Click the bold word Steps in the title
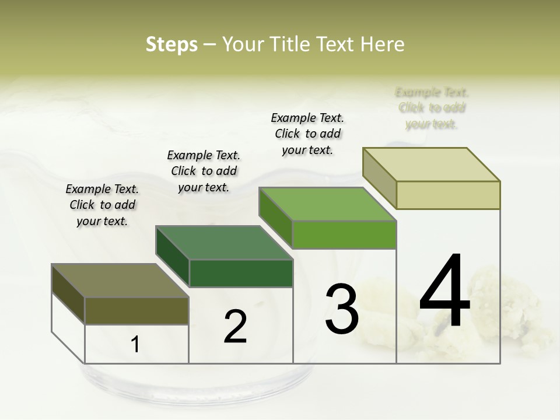click(x=171, y=44)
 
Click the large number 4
click(x=445, y=291)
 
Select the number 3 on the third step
click(x=342, y=309)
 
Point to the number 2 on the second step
click(x=236, y=327)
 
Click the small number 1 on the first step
click(x=135, y=345)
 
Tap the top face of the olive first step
click(x=120, y=281)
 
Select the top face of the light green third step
click(x=328, y=204)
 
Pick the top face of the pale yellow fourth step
click(x=432, y=164)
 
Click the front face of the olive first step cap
click(x=136, y=311)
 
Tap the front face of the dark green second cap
click(x=241, y=273)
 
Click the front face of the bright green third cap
click(x=344, y=235)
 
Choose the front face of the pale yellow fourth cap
click(x=448, y=195)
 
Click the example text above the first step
click(x=102, y=205)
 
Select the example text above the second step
click(x=204, y=171)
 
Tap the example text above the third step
click(x=307, y=134)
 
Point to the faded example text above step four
click(x=432, y=108)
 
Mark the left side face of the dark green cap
click(x=173, y=257)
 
